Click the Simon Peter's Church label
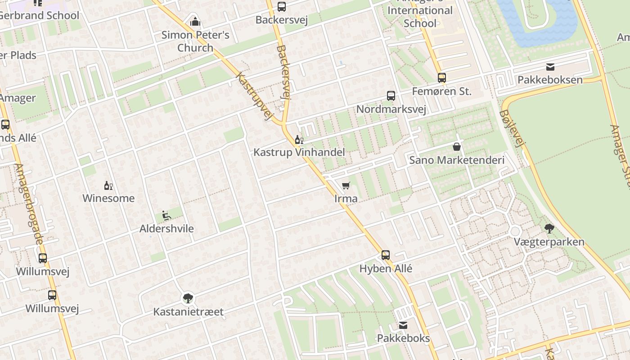point(195,41)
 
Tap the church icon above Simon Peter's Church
point(195,21)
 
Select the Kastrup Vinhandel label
point(299,152)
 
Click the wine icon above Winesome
point(108,185)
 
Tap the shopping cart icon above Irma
point(346,185)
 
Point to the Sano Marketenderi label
point(457,160)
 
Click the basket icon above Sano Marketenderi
point(457,147)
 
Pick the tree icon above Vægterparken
point(549,229)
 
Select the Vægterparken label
point(549,242)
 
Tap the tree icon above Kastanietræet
point(188,298)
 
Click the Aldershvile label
point(166,229)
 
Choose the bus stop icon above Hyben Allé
point(386,255)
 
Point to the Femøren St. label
point(442,92)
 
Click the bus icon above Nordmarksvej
point(391,95)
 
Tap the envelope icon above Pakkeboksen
point(550,67)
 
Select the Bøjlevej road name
point(513,129)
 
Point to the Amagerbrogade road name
point(29,204)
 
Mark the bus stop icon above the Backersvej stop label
point(282,7)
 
